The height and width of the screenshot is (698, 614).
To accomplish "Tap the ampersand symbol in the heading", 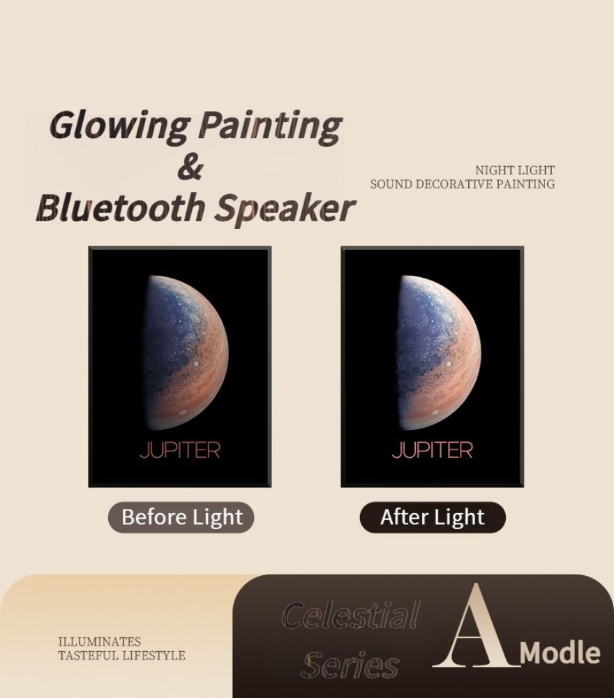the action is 190,167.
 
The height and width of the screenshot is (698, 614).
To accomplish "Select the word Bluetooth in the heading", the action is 121,207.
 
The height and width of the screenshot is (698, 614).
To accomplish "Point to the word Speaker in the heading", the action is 285,209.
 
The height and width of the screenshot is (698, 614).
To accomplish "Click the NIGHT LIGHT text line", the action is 515,170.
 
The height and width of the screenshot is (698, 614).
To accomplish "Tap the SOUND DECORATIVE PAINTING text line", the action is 463,184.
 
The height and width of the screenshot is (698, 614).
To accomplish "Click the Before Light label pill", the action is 181,517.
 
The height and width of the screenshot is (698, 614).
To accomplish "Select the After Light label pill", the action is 433,517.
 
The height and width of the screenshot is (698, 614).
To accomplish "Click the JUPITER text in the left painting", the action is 180,450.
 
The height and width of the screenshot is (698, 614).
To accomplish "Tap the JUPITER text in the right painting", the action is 432,450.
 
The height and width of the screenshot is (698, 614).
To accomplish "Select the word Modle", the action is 560,653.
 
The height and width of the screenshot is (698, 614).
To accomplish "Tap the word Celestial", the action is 351,615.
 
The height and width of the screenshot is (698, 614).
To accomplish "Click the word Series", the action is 350,664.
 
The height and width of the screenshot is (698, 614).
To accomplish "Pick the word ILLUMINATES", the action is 100,641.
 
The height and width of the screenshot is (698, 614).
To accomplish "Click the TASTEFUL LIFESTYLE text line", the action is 121,655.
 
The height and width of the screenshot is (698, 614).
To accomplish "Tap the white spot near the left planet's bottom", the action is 182,413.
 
